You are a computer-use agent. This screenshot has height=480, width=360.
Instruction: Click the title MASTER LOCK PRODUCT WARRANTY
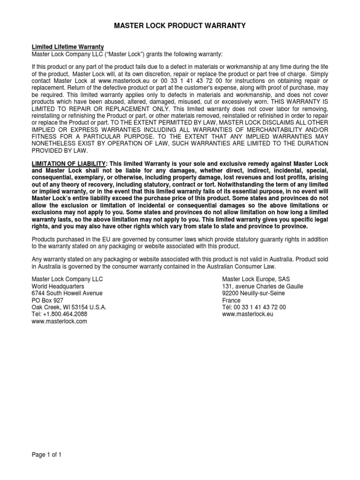(x=180, y=26)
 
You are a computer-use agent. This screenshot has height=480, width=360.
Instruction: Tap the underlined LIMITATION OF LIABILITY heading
(x=69, y=163)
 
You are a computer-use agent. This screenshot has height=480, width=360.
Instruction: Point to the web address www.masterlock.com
(x=59, y=322)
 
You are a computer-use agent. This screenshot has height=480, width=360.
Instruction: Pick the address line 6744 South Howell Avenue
(x=67, y=293)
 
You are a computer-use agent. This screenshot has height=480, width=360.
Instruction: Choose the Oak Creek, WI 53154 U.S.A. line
(x=69, y=307)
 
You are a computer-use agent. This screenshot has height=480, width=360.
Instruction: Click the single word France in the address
(x=231, y=300)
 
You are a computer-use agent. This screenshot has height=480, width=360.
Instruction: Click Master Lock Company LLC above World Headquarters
(x=67, y=279)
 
